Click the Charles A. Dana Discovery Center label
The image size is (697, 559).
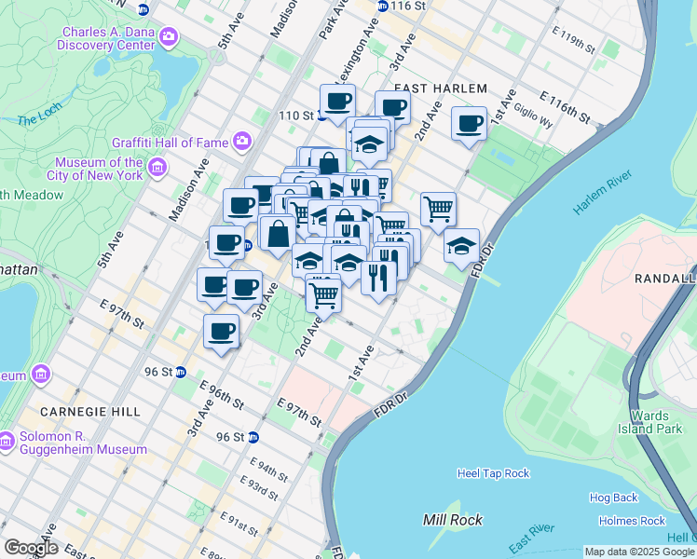tap(108, 37)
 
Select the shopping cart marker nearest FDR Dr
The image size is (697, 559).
tap(438, 208)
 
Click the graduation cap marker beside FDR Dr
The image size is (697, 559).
tap(461, 245)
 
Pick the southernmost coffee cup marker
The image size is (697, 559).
tap(221, 331)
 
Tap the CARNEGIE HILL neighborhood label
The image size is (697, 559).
tap(90, 411)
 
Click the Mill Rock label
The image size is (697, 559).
tap(453, 520)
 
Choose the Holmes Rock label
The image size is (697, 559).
tap(633, 521)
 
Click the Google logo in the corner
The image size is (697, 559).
tap(31, 548)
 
